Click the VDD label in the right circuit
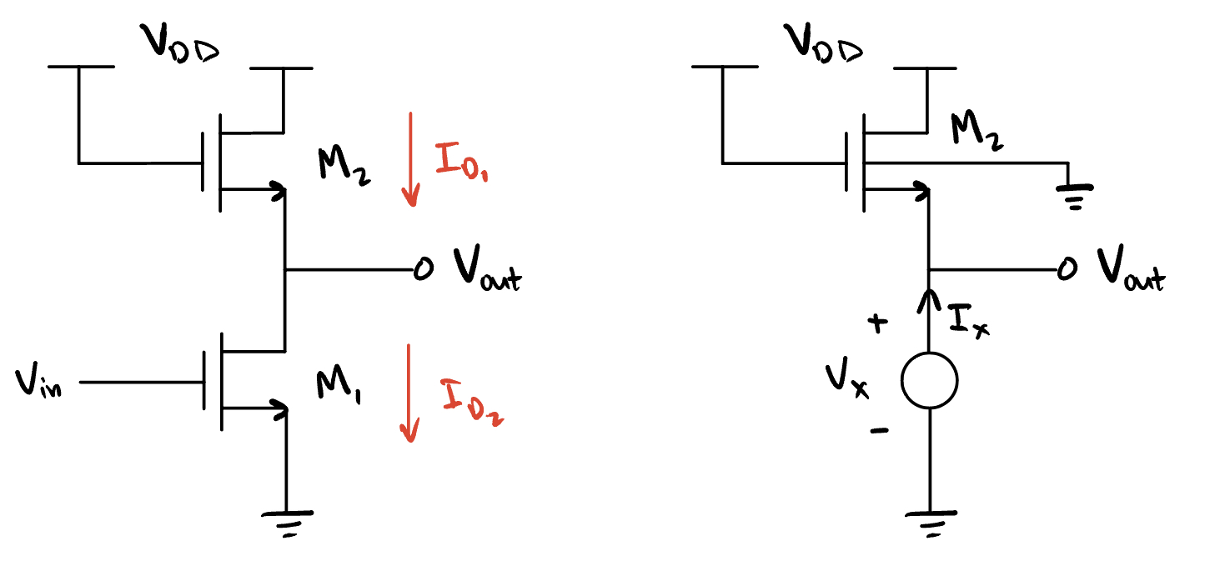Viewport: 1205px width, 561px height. (823, 48)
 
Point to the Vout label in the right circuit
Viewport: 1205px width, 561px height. (1129, 270)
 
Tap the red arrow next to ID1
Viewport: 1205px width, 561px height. (409, 158)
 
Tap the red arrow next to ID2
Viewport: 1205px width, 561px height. (409, 392)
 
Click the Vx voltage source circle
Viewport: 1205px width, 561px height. (929, 381)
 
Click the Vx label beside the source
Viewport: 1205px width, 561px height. (848, 380)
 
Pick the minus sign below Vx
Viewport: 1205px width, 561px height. (879, 431)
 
